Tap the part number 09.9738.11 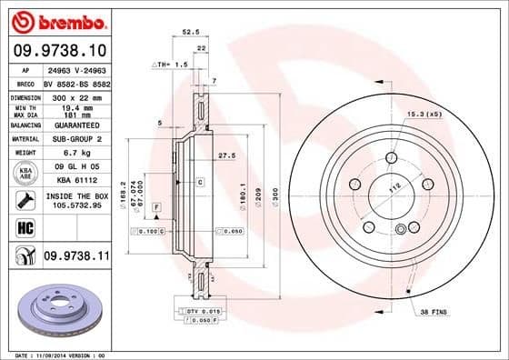pos(75,258)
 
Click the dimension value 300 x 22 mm pos(77,95)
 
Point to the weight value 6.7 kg pos(72,154)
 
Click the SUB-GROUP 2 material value pos(76,139)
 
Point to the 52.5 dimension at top pos(192,29)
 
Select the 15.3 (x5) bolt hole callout pos(424,114)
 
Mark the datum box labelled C pos(198,183)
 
